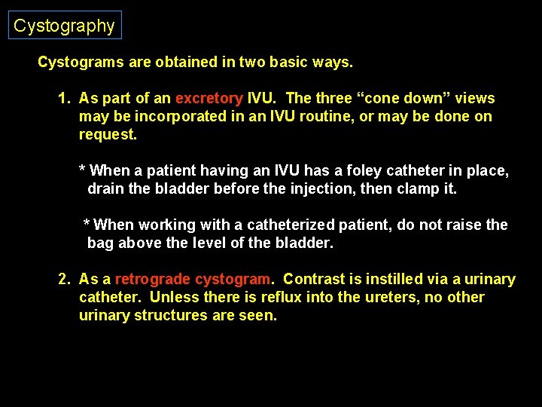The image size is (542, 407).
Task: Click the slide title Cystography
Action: click(64, 26)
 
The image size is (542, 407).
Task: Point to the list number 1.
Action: click(64, 99)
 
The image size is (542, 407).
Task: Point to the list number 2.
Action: click(64, 280)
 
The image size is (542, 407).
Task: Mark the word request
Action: click(108, 135)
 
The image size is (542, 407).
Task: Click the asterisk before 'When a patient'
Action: click(83, 170)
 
